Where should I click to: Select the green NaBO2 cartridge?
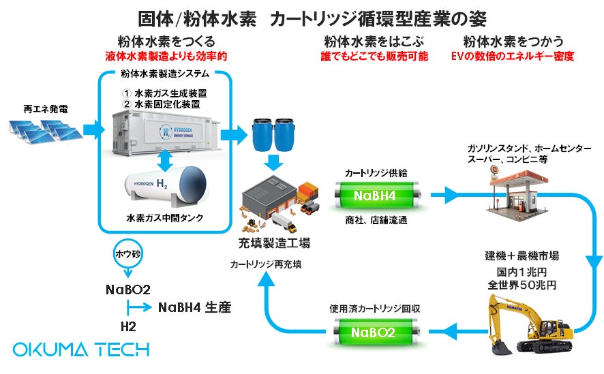tap(374, 332)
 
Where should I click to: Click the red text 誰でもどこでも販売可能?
tap(374, 57)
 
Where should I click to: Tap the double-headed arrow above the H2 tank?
tap(164, 158)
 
